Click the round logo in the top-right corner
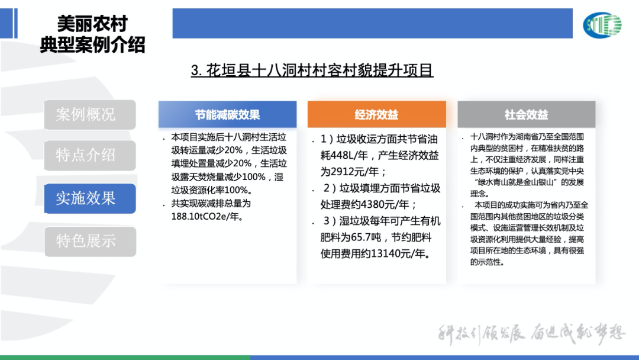point(602,25)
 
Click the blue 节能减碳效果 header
point(227,114)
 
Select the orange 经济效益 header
point(376,114)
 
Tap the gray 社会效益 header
point(526,114)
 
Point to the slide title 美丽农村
point(92,24)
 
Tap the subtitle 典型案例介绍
point(92,45)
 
